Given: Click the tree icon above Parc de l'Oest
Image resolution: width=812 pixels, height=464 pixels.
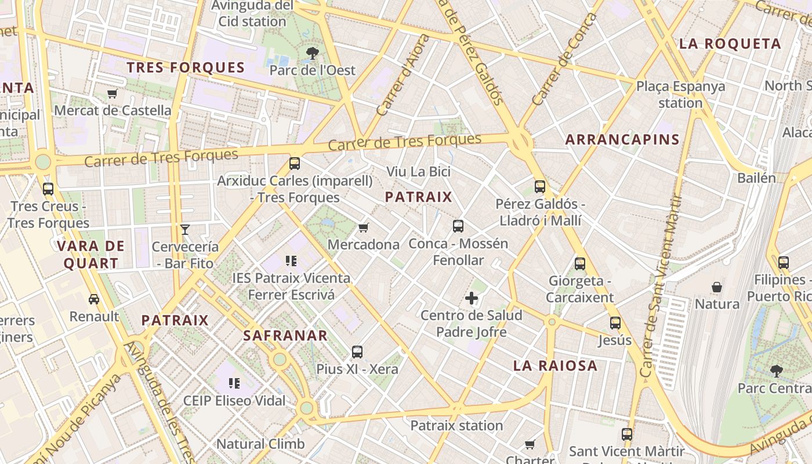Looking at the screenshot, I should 313,53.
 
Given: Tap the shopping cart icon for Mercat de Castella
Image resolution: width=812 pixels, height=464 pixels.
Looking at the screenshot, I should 113,93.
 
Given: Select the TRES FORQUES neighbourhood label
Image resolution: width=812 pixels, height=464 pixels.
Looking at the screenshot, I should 186,67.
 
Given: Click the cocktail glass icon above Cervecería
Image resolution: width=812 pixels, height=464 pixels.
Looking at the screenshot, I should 185,230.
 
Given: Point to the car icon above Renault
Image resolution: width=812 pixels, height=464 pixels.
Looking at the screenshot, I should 94,299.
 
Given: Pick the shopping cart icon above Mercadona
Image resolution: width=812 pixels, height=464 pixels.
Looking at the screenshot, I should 364,227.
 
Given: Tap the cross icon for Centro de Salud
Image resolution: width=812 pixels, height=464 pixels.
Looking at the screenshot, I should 472,299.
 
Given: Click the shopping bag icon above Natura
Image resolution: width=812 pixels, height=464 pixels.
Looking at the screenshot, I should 717,287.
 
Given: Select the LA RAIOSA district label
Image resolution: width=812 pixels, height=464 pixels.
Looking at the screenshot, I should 555,365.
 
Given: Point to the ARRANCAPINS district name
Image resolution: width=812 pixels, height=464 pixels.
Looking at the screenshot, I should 622,139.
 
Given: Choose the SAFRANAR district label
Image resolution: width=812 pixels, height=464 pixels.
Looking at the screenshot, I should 285,335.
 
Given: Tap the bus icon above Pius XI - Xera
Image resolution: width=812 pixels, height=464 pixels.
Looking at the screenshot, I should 357,352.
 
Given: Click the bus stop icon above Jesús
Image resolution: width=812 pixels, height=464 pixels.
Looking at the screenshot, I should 615,323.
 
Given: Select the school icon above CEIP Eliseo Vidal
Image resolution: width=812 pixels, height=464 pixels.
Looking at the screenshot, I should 234,383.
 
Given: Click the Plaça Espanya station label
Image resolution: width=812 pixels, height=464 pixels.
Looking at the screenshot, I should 680,95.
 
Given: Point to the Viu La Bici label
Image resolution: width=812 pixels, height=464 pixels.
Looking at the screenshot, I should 418,172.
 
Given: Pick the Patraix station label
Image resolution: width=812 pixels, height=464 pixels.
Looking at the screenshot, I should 456,425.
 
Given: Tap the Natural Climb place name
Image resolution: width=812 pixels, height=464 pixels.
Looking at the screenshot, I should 260,444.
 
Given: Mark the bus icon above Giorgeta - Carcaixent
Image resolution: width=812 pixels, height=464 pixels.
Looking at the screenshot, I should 580,264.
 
